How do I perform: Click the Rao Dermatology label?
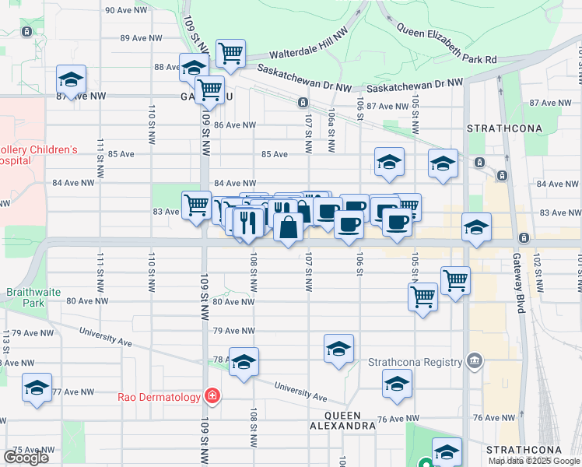click(x=159, y=397)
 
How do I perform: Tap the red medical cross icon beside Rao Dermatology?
click(x=211, y=397)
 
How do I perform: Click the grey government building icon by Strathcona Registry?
click(x=474, y=361)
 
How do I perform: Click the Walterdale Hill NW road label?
click(x=307, y=51)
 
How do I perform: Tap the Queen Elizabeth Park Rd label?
click(x=446, y=43)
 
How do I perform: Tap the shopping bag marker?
click(x=288, y=228)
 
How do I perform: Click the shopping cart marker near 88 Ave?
click(x=230, y=54)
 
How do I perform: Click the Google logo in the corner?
click(x=26, y=458)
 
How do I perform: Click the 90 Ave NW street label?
click(x=127, y=10)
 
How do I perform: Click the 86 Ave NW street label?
click(x=234, y=125)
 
